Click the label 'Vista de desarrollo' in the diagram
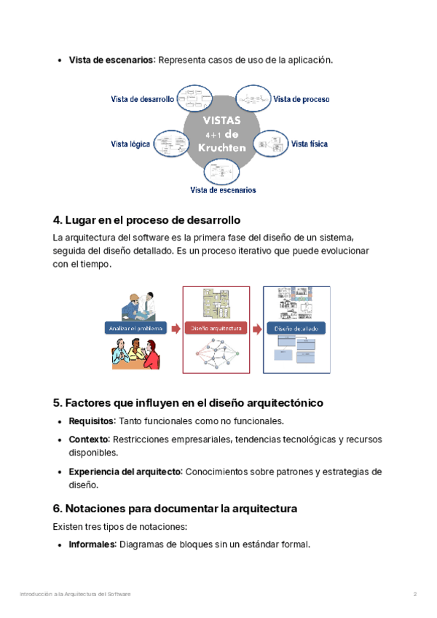[142, 99]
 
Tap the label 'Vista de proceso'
[301, 99]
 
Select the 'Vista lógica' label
[130, 144]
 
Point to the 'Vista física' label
[310, 144]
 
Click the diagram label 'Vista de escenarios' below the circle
[223, 190]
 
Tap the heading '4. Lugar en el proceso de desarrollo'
[146, 219]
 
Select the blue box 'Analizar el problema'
[136, 328]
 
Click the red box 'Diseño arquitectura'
[216, 328]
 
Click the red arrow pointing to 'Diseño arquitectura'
[176, 329]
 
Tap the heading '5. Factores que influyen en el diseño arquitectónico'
[188, 402]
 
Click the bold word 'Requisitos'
[91, 421]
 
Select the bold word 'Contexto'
[88, 439]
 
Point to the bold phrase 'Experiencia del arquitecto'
[124, 472]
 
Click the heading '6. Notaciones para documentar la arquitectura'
[175, 508]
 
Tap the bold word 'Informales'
[92, 544]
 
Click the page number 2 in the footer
[415, 595]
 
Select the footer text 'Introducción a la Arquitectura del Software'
[75, 595]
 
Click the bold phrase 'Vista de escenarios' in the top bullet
[111, 60]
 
